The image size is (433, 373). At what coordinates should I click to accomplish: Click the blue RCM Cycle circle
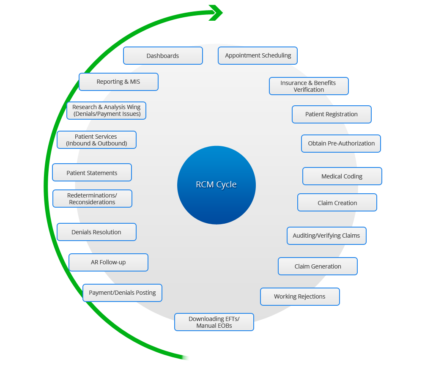pyautogui.click(x=216, y=185)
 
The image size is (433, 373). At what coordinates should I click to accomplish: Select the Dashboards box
pyautogui.click(x=163, y=56)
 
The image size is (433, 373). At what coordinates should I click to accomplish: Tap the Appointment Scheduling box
pyautogui.click(x=258, y=55)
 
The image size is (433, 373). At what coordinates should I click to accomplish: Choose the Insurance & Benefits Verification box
pyautogui.click(x=309, y=86)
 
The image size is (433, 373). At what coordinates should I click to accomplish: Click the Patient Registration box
pyautogui.click(x=332, y=114)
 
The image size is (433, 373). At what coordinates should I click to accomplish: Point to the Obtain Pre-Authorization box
pyautogui.click(x=341, y=143)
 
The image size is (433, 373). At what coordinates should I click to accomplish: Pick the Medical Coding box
pyautogui.click(x=342, y=176)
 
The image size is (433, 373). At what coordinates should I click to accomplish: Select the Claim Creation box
pyautogui.click(x=337, y=203)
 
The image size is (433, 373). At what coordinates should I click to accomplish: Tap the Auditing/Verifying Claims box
pyautogui.click(x=326, y=236)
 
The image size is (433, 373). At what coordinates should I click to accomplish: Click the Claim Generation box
pyautogui.click(x=318, y=266)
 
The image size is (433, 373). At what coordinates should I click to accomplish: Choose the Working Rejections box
pyautogui.click(x=299, y=296)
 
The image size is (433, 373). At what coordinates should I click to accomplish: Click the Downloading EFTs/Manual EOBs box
pyautogui.click(x=214, y=322)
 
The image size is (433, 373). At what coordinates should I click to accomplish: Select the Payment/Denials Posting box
pyautogui.click(x=122, y=293)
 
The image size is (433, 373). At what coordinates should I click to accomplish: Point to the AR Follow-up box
pyautogui.click(x=108, y=262)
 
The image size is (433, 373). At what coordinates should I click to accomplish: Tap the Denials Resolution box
pyautogui.click(x=96, y=232)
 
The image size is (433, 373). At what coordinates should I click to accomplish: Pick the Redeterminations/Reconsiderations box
pyautogui.click(x=92, y=199)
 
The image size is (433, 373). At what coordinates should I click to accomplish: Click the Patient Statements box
pyautogui.click(x=92, y=173)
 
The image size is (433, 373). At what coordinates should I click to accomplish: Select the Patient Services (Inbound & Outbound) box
pyautogui.click(x=96, y=140)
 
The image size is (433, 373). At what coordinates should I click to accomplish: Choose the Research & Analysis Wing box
pyautogui.click(x=106, y=110)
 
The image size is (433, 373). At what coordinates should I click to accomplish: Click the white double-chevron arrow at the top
pyautogui.click(x=216, y=14)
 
